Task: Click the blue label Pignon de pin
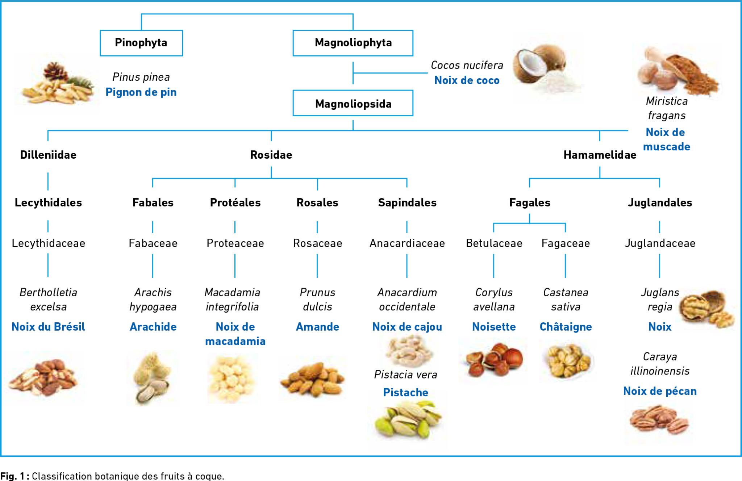[x=141, y=92]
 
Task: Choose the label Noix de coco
[x=467, y=80]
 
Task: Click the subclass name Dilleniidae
[x=48, y=155]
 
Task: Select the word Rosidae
[x=271, y=155]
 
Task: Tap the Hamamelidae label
[x=600, y=155]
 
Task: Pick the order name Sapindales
[x=407, y=203]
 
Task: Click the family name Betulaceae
[x=494, y=243]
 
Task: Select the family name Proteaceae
[x=235, y=243]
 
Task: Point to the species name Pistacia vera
[x=406, y=375]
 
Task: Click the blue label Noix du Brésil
[x=48, y=327]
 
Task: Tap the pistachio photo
[x=408, y=422]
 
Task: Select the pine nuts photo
[x=57, y=84]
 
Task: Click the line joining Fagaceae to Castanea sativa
[x=565, y=266]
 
